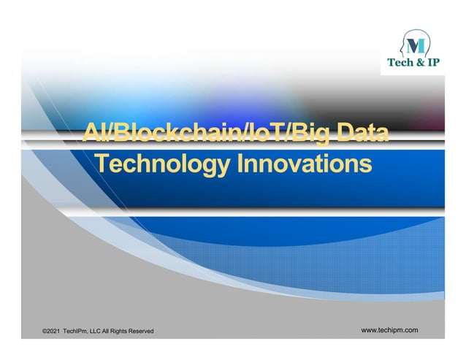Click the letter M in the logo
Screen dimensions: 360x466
tap(415, 44)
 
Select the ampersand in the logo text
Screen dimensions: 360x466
tap(420, 64)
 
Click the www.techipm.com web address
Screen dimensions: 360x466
tap(390, 331)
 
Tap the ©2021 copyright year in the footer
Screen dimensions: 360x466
tap(52, 332)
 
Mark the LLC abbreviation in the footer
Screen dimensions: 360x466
tap(102, 332)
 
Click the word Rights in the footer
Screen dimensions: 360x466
tap(127, 332)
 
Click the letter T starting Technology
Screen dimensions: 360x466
tap(103, 164)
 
